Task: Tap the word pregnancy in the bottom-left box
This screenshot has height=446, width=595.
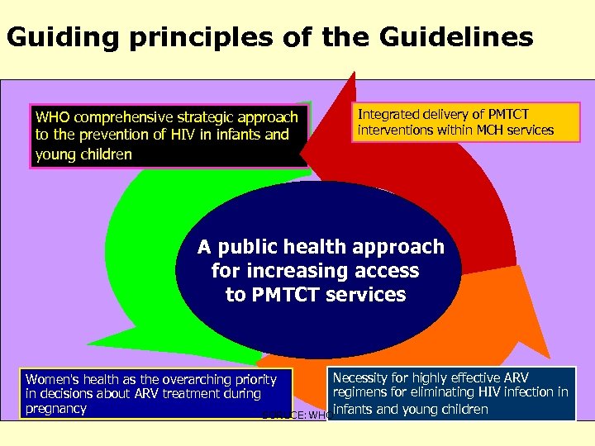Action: (56, 408)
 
